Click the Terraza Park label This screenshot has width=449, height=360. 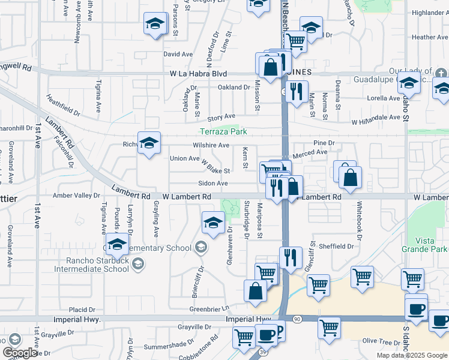[x=223, y=131]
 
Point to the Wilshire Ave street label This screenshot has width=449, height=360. [x=211, y=145]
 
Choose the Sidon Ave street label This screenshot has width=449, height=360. [x=213, y=183]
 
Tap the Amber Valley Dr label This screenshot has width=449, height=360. [x=77, y=196]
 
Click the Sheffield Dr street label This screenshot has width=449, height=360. [x=336, y=246]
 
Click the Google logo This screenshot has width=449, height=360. [x=20, y=353]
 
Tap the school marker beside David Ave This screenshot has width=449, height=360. [x=155, y=25]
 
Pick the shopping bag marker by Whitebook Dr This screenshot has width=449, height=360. [x=350, y=177]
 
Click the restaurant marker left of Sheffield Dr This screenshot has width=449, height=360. [x=291, y=257]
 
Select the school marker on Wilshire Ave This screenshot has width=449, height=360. [x=149, y=143]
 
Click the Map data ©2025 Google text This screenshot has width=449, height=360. [x=411, y=355]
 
